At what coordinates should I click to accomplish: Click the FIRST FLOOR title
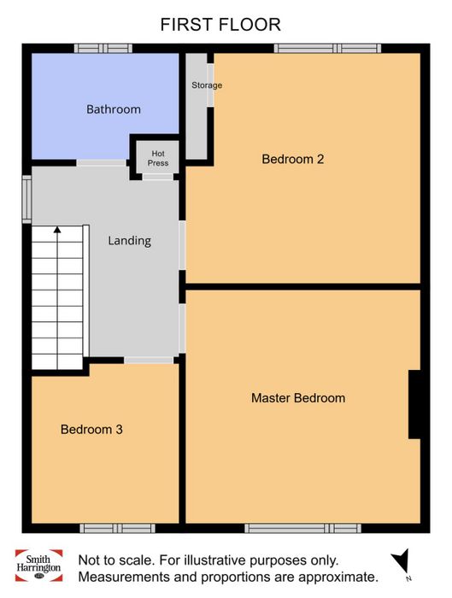(x=220, y=25)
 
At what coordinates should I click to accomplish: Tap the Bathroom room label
(x=114, y=109)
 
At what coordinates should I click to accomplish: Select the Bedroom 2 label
(x=293, y=159)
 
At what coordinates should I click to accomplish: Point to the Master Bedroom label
(x=298, y=398)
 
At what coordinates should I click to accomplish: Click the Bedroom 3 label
(x=91, y=430)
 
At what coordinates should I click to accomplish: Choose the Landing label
(x=129, y=241)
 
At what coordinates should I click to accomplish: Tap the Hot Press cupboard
(x=158, y=157)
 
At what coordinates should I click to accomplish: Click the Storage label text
(x=207, y=85)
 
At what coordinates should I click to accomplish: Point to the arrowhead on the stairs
(x=57, y=230)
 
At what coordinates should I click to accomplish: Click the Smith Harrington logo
(x=38, y=566)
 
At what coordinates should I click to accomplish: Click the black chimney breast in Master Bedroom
(x=414, y=404)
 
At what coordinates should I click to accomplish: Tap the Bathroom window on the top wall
(x=103, y=49)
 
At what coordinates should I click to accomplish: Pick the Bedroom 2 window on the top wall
(x=327, y=49)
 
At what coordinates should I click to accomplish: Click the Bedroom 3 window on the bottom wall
(x=117, y=528)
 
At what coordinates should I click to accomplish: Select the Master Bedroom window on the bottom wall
(x=302, y=528)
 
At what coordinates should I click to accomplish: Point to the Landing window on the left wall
(x=26, y=199)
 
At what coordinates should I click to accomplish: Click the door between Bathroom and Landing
(x=102, y=163)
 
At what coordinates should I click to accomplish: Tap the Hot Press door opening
(x=158, y=177)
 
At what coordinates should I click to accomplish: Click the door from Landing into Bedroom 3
(x=149, y=360)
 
